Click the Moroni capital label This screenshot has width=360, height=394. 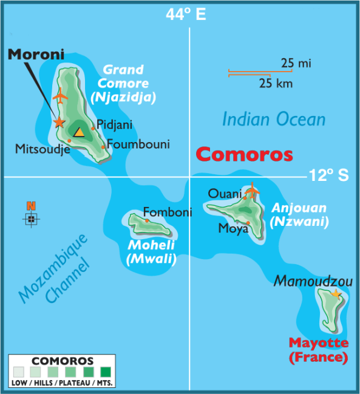36,54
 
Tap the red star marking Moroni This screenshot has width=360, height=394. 59,122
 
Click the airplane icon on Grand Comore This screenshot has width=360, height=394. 60,95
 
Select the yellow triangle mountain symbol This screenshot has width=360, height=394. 79,131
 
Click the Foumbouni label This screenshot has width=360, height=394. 138,144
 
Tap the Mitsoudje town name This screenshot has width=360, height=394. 42,147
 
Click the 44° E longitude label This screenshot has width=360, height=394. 186,15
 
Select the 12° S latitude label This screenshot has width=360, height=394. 328,176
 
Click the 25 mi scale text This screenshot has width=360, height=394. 296,63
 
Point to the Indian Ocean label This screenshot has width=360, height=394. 273,119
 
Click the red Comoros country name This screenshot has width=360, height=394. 245,154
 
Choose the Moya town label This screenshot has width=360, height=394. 233,229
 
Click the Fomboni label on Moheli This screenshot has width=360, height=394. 168,212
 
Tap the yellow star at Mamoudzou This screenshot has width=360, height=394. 336,294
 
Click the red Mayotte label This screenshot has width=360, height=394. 318,343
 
